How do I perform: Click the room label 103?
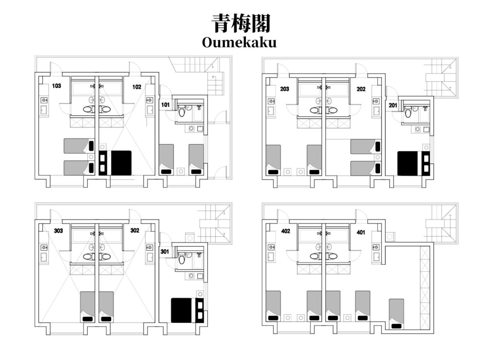point(56,86)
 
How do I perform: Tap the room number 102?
point(137,87)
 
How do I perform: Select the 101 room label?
point(165,105)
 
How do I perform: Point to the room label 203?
point(284,89)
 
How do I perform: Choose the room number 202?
point(361,89)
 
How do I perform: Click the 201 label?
point(392,105)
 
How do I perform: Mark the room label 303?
point(59,231)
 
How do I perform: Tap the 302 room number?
point(135,230)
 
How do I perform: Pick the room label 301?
point(165,251)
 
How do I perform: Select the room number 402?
point(285,231)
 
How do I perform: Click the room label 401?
point(361,232)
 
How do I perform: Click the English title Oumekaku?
point(239,42)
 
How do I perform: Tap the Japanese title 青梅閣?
point(241,23)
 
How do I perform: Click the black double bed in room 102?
point(115,163)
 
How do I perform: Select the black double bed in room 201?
point(413,163)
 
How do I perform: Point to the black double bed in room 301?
point(187,310)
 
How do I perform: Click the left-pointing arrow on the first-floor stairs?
point(214,77)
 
